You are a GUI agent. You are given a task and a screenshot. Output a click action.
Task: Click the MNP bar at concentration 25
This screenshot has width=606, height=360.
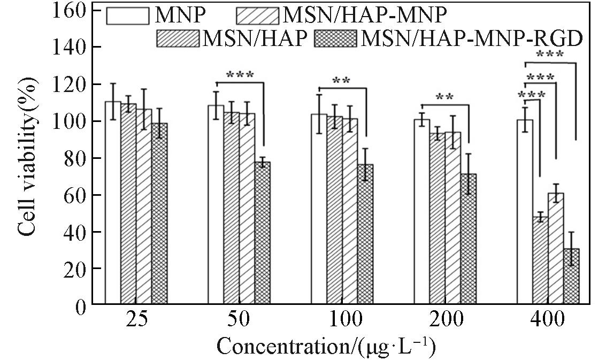pos(113,203)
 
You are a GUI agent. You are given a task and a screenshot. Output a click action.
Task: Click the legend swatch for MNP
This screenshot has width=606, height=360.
pos(127,15)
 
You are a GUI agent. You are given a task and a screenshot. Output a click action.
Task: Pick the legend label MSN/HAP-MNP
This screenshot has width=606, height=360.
pos(364,15)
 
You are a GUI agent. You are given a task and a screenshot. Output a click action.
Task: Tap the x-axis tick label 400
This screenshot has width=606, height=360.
pos(548,321)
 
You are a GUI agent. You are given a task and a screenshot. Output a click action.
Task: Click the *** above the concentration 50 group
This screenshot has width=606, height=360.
pos(240,75)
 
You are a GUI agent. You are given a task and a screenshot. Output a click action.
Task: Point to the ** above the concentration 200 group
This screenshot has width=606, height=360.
pos(445,98)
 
